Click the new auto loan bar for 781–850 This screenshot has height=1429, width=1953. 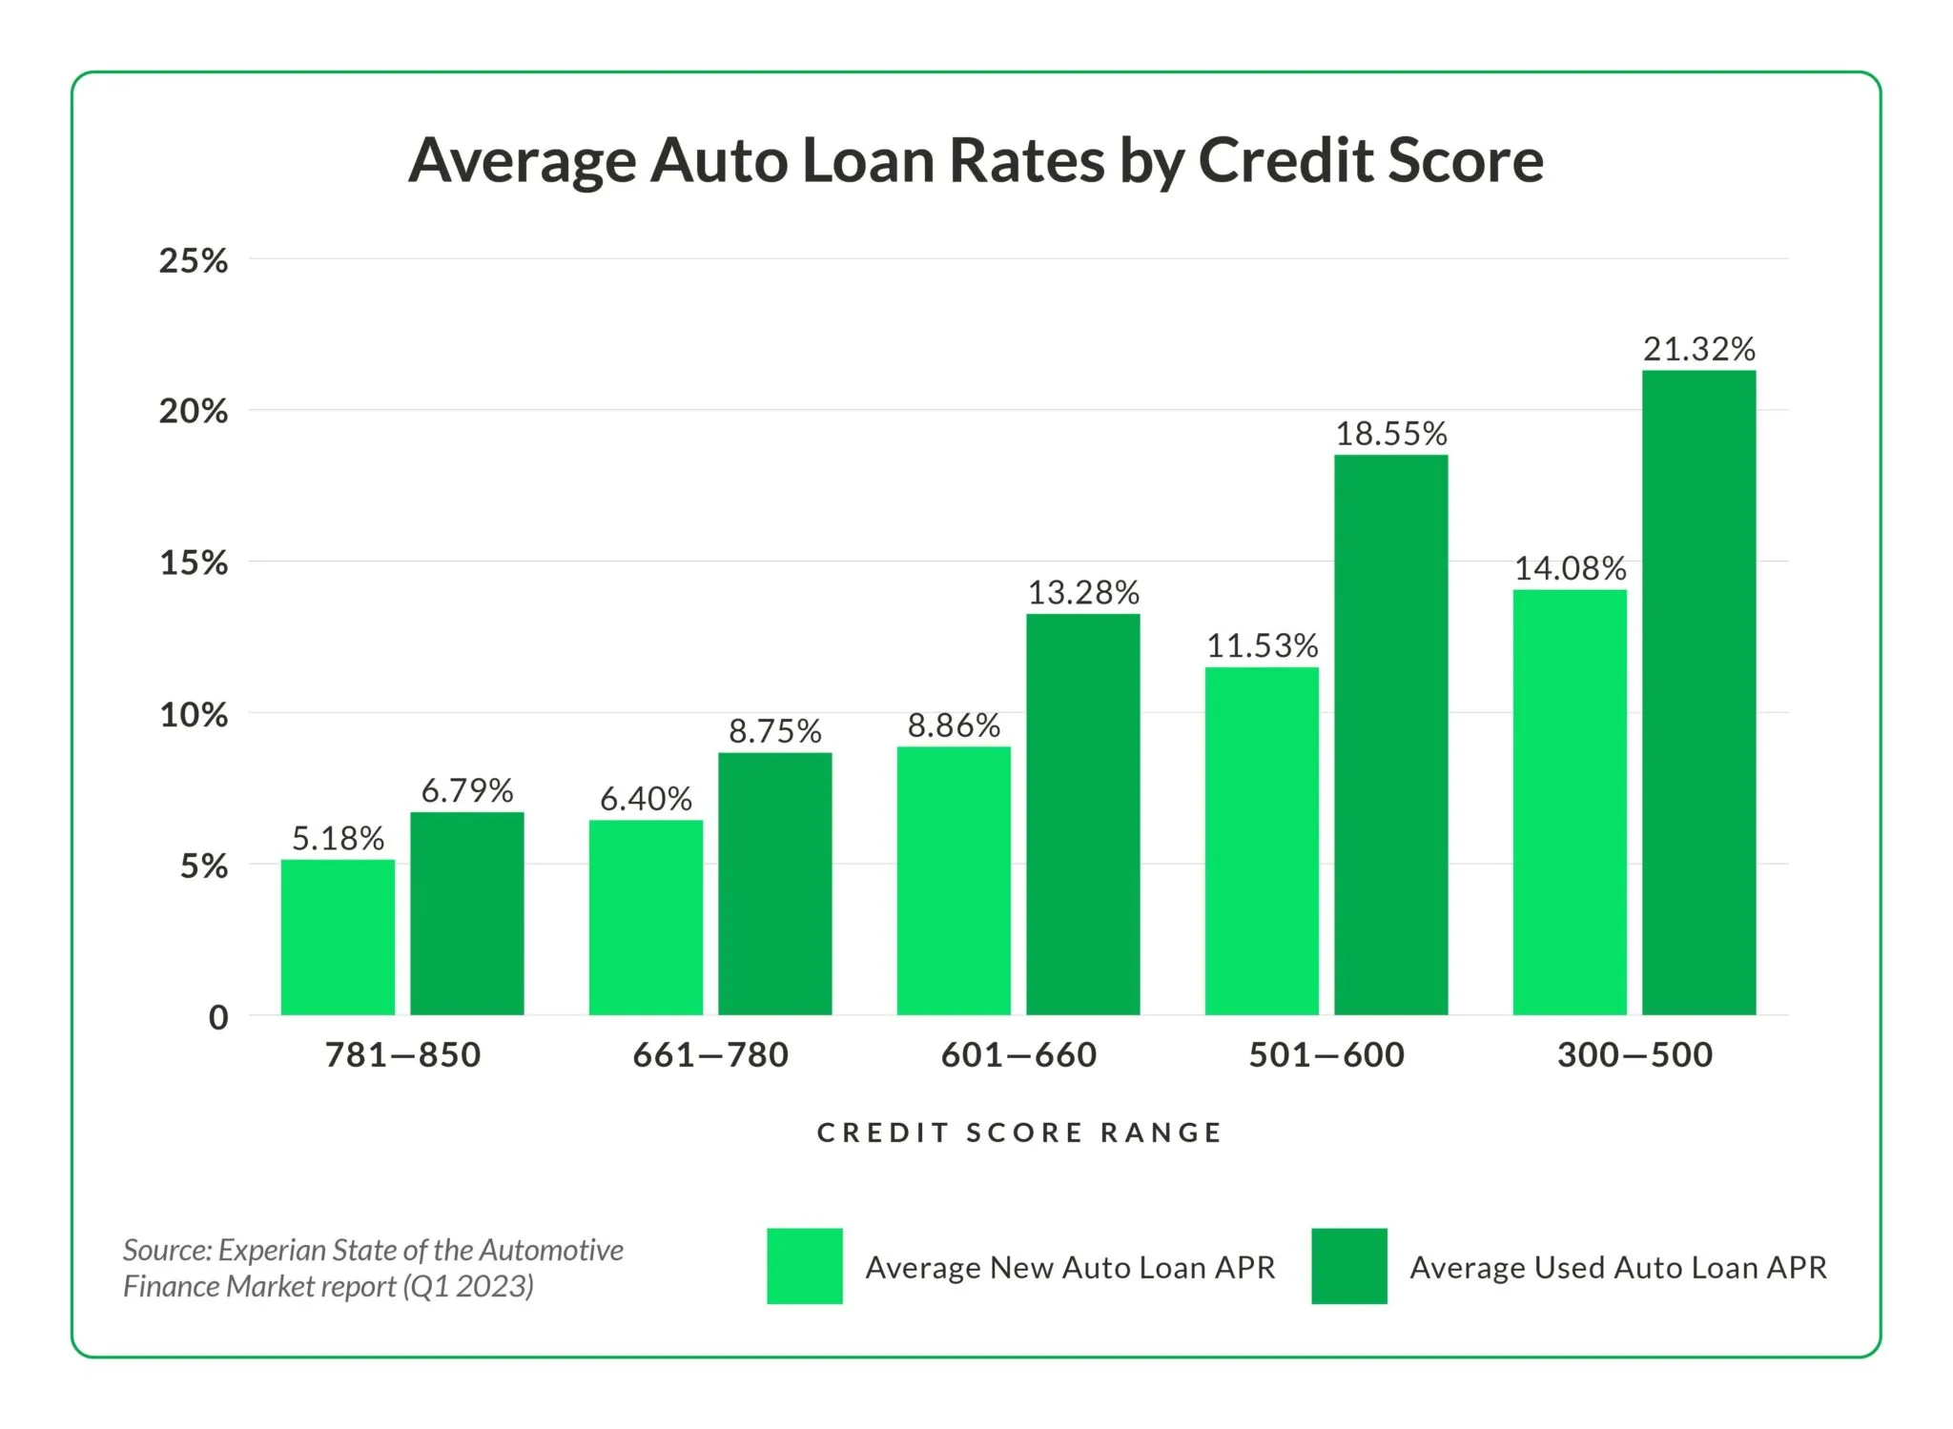338,937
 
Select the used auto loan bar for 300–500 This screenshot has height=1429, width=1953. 1698,692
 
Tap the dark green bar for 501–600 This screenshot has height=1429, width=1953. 1390,734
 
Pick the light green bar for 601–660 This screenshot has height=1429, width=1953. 954,880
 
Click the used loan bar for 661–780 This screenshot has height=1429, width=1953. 774,884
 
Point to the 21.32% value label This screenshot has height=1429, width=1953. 1698,349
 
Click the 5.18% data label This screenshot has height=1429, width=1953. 338,839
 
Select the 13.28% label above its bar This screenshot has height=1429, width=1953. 1082,593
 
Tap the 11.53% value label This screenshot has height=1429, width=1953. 1262,646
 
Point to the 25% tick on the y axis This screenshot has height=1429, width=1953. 194,260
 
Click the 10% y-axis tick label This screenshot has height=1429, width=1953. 194,715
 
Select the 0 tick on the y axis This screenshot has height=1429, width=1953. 218,1017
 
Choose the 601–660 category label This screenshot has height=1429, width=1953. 1018,1054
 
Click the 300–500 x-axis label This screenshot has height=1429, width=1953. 1634,1054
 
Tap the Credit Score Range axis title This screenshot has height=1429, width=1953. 1018,1133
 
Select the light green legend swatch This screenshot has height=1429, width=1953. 804,1266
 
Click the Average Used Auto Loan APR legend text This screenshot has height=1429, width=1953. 1617,1267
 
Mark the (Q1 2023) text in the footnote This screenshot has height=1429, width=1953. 467,1287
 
